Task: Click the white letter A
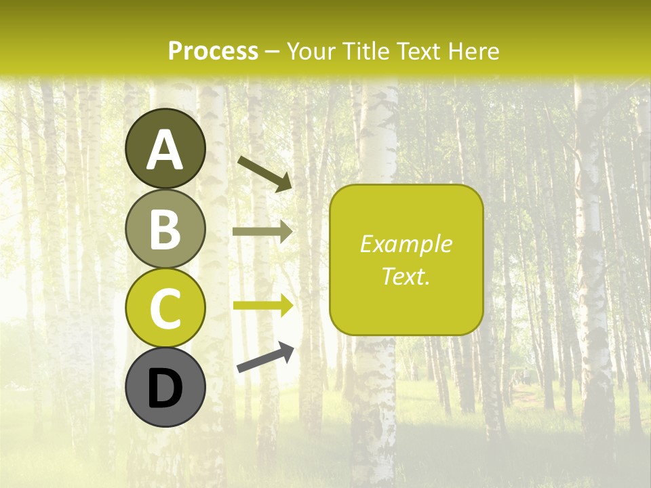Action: click(x=165, y=150)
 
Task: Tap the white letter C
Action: click(x=165, y=308)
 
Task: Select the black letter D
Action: click(x=165, y=388)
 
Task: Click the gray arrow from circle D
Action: click(x=265, y=357)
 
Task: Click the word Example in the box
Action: click(x=406, y=245)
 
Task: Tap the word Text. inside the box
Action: click(x=406, y=276)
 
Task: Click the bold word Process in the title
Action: click(x=213, y=52)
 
